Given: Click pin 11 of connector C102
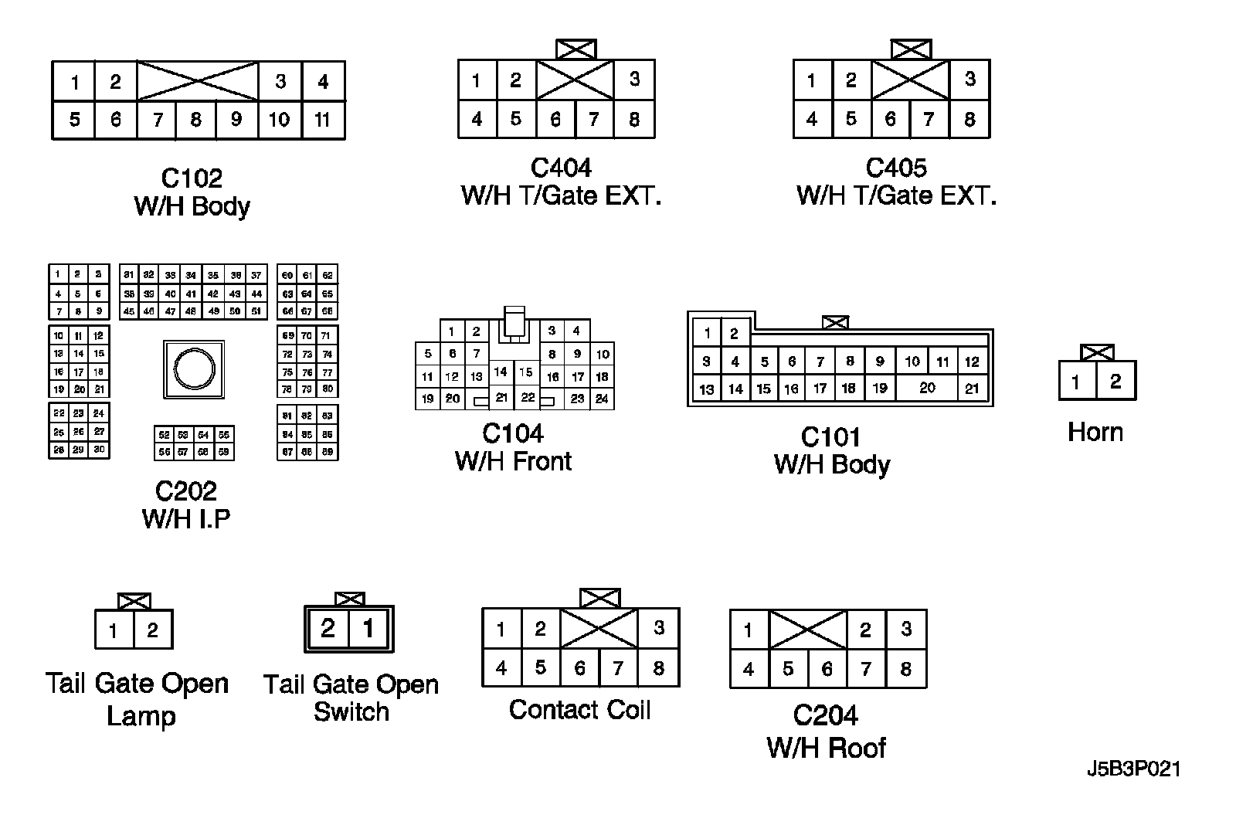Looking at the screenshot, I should (x=323, y=120).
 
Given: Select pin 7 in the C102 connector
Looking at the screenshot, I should (x=158, y=120).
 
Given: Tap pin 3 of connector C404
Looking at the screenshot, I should (x=634, y=79).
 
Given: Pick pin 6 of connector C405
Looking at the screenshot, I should (x=890, y=119).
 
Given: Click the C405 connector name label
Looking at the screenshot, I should (x=896, y=168).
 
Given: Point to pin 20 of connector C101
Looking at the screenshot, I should (x=927, y=388).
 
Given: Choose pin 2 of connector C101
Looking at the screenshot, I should (x=734, y=334).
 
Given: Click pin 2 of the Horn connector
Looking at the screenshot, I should (x=1115, y=381).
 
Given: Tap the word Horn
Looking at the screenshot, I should (x=1095, y=432).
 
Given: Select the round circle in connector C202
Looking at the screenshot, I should (x=194, y=369).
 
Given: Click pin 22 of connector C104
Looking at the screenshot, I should (x=528, y=397).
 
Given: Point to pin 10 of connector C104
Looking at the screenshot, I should (x=603, y=354).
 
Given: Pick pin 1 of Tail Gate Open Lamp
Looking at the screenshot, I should (x=114, y=630).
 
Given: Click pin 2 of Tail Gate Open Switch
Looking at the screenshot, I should (x=328, y=629).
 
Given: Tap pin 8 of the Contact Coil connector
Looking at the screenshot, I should (x=658, y=667).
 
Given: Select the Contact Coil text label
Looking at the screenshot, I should (x=580, y=710).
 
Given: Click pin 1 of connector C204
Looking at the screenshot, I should (x=748, y=630).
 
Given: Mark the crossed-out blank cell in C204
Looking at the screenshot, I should (x=808, y=630).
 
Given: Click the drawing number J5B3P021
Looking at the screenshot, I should (x=1133, y=769).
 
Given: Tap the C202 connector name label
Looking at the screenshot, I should (x=186, y=491).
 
